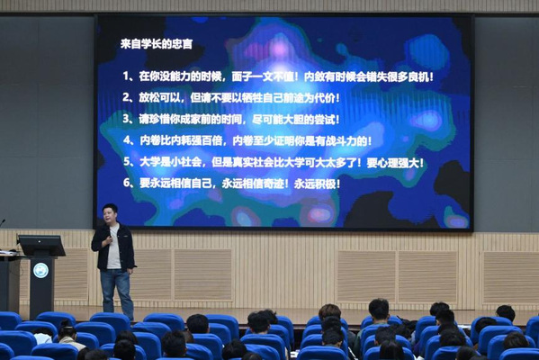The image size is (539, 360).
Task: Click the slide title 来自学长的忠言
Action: pyautogui.click(x=157, y=44)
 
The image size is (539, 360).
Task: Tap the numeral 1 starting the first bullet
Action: pyautogui.click(x=126, y=76)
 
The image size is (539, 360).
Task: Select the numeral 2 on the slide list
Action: pyautogui.click(x=126, y=98)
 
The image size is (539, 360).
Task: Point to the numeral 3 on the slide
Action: pyautogui.click(x=126, y=119)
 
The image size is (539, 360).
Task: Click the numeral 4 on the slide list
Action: pyautogui.click(x=127, y=140)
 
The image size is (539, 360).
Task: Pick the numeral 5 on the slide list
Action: pyautogui.click(x=127, y=162)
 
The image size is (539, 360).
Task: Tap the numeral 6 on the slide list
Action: pyautogui.click(x=127, y=183)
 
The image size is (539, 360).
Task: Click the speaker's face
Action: pyautogui.click(x=110, y=214)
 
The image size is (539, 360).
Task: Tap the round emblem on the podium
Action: pyautogui.click(x=40, y=270)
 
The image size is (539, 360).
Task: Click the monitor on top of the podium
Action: pyautogui.click(x=41, y=246)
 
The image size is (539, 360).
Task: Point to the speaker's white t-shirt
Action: pyautogui.click(x=113, y=247)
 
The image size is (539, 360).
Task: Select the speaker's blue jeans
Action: pyautogui.click(x=117, y=293)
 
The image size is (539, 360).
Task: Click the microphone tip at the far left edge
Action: pyautogui.click(x=4, y=220)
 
